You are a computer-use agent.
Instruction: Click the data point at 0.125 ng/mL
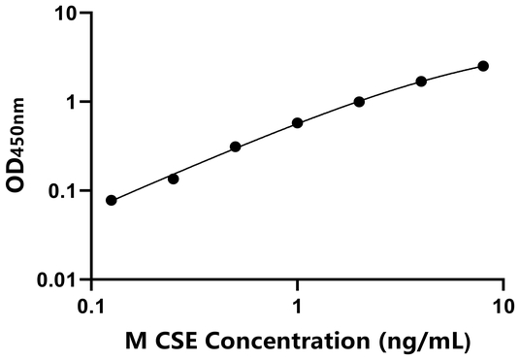click(112, 201)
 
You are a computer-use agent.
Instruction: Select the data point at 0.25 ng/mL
click(174, 179)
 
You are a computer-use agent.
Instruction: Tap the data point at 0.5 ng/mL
click(236, 147)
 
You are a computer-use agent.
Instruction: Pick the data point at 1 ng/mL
click(297, 123)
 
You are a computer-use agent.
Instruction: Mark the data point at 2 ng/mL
click(359, 102)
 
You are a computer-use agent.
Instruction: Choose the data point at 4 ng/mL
click(421, 82)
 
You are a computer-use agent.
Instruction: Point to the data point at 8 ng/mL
click(483, 66)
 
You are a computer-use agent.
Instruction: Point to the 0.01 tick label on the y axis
click(58, 280)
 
